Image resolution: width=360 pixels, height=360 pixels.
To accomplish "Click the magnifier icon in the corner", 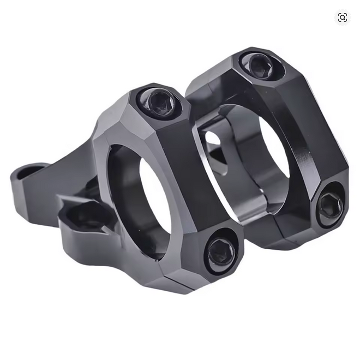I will click(343, 17).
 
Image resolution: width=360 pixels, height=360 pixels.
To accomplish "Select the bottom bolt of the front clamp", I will click(222, 251).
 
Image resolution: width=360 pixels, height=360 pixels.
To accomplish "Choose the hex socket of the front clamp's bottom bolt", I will click(222, 252).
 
